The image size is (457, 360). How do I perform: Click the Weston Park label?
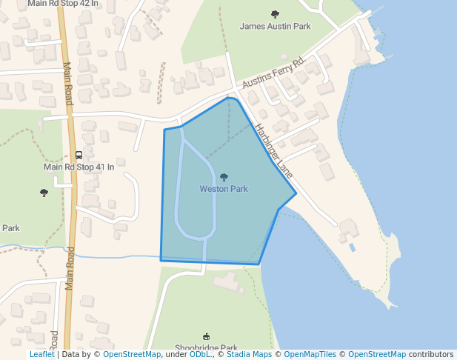click(224, 189)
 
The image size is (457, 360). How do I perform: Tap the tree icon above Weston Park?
click(224, 177)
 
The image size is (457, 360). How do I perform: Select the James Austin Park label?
click(275, 26)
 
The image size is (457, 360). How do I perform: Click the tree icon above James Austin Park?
click(275, 14)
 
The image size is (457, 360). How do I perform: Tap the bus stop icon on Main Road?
click(79, 155)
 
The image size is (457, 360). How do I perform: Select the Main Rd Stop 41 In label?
click(79, 167)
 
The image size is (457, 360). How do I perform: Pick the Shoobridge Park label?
click(206, 347)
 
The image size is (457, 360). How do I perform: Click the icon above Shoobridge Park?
click(206, 336)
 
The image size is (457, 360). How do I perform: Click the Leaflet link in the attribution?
click(41, 355)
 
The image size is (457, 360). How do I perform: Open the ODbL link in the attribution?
click(201, 355)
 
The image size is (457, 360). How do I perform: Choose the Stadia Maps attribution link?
click(247, 355)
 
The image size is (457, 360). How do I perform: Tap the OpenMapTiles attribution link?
click(310, 355)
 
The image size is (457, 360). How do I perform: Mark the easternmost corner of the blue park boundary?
click(296, 193)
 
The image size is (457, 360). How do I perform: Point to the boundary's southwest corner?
click(161, 260)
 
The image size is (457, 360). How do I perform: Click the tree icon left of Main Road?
click(44, 193)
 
